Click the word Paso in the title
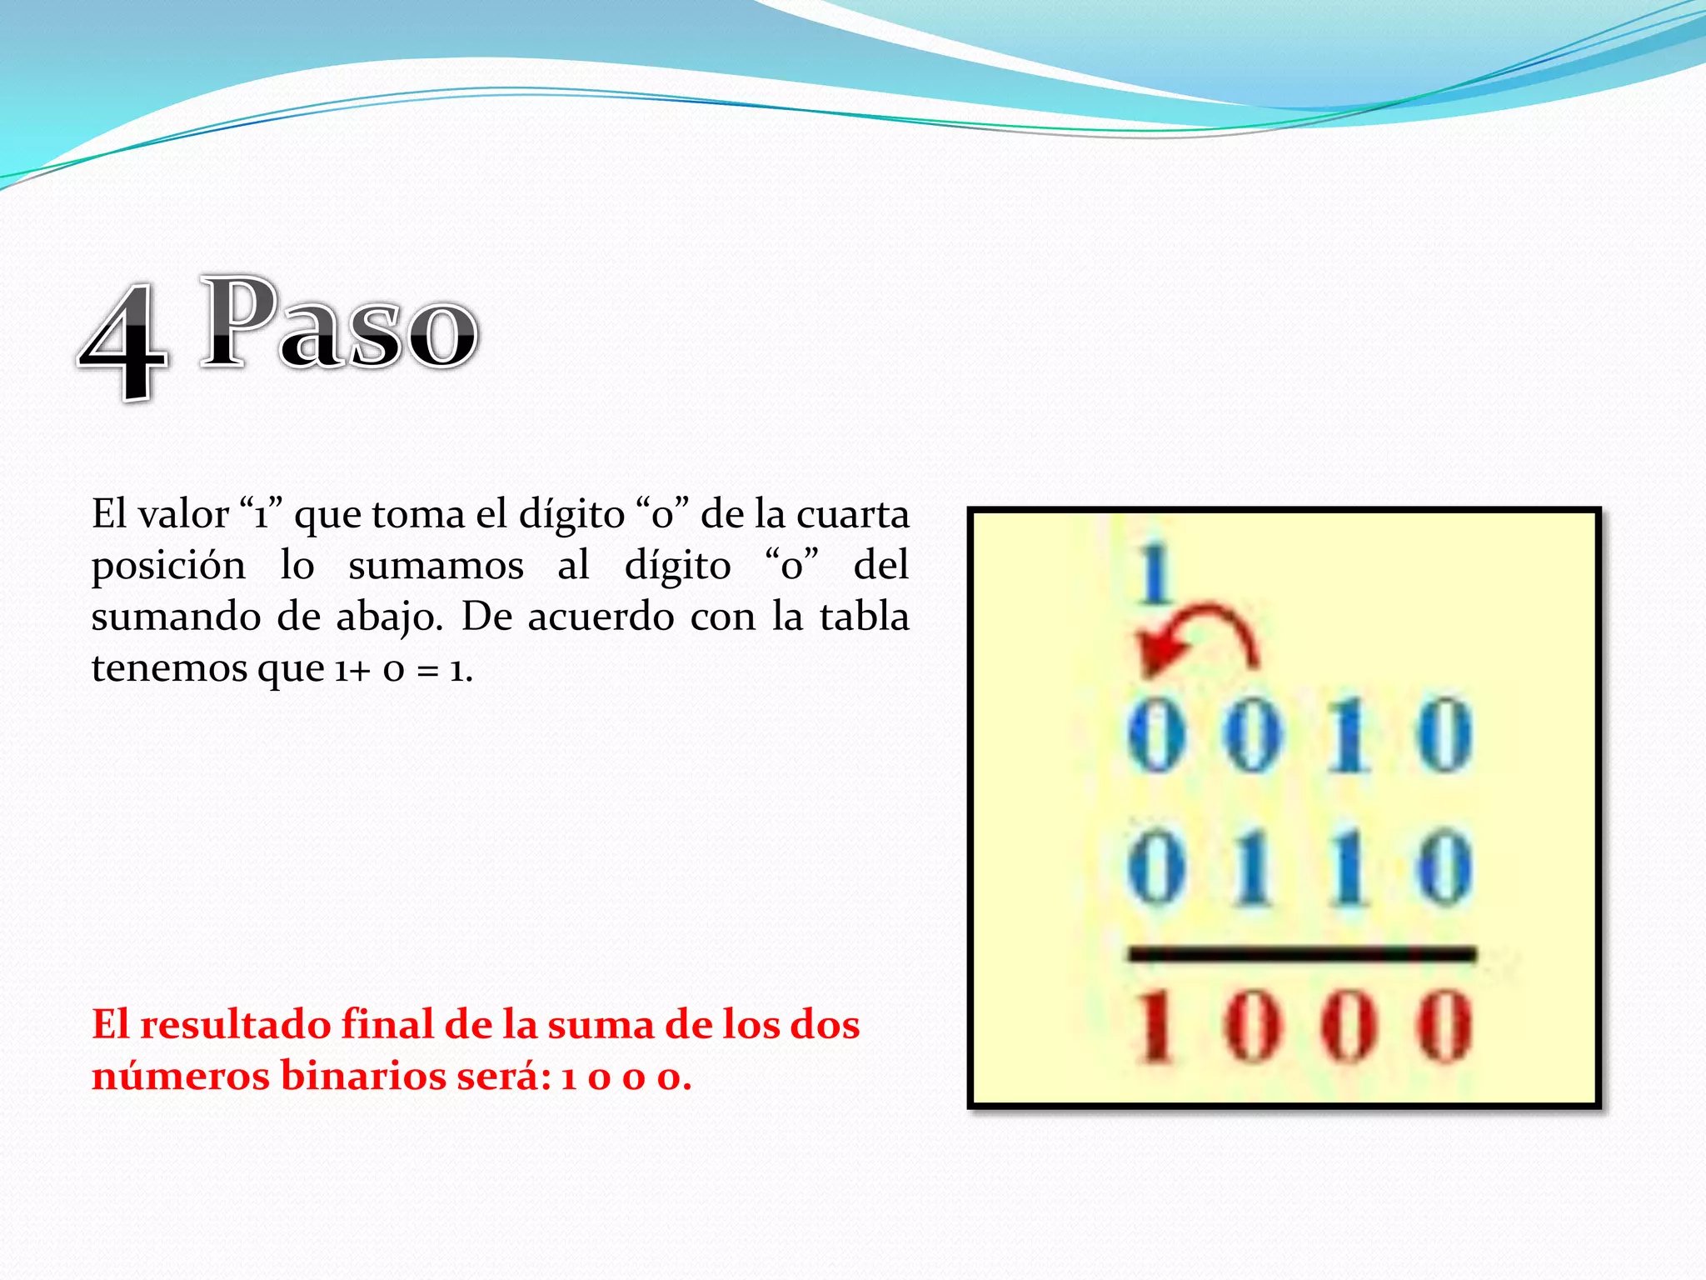coord(340,325)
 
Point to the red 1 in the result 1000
coord(1156,1027)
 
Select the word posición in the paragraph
coord(168,567)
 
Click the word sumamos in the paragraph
coord(436,567)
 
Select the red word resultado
coord(235,1025)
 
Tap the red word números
coord(181,1076)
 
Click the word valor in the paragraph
coord(183,514)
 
